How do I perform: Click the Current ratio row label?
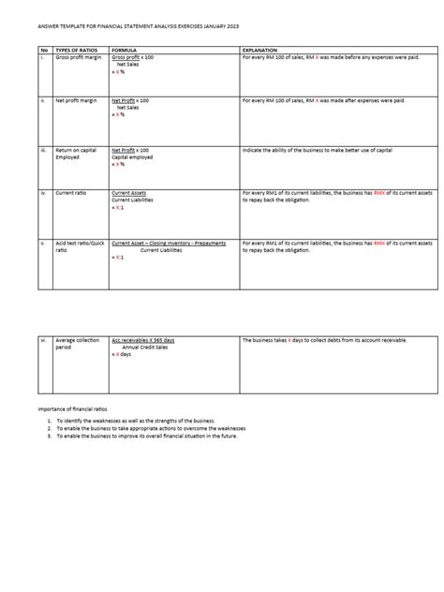pyautogui.click(x=72, y=193)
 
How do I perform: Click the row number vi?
pyautogui.click(x=43, y=340)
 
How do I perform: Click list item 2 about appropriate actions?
pyautogui.click(x=150, y=429)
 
